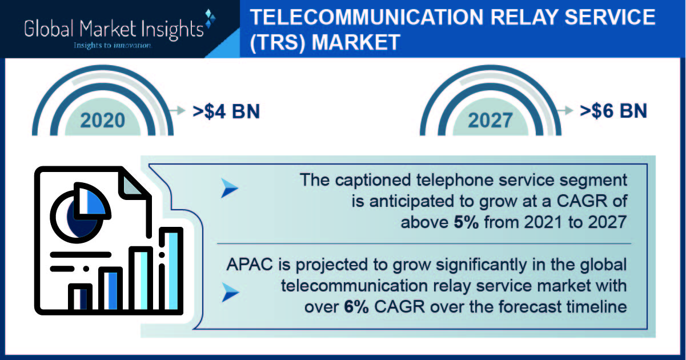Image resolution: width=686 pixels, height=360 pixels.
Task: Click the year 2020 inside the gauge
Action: point(103,121)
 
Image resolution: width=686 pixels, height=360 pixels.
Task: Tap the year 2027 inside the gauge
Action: point(490,121)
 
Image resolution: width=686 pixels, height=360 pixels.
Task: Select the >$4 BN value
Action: point(226,111)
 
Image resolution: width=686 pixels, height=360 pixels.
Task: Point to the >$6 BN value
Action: point(613,111)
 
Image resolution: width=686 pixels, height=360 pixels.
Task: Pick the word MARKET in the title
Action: point(356,42)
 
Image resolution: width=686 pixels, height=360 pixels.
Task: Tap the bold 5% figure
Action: point(466,222)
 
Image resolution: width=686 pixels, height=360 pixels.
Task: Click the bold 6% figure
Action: point(356,307)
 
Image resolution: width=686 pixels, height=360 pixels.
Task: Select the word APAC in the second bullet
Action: point(250,265)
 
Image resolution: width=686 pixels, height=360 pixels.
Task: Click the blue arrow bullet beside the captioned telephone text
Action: point(230,188)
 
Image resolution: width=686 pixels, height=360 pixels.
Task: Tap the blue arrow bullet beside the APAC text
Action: point(230,293)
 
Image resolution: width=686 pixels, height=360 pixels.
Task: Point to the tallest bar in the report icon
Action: point(171,270)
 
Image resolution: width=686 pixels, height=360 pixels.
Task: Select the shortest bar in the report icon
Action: point(80,298)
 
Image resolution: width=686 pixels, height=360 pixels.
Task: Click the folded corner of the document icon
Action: point(133,185)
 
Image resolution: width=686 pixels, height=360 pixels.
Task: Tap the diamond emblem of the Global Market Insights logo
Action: point(210,18)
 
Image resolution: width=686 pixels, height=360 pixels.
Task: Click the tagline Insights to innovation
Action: point(113,46)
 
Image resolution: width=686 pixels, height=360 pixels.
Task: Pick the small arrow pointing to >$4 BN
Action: point(177,110)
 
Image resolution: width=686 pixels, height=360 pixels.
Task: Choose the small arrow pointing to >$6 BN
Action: point(565,110)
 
